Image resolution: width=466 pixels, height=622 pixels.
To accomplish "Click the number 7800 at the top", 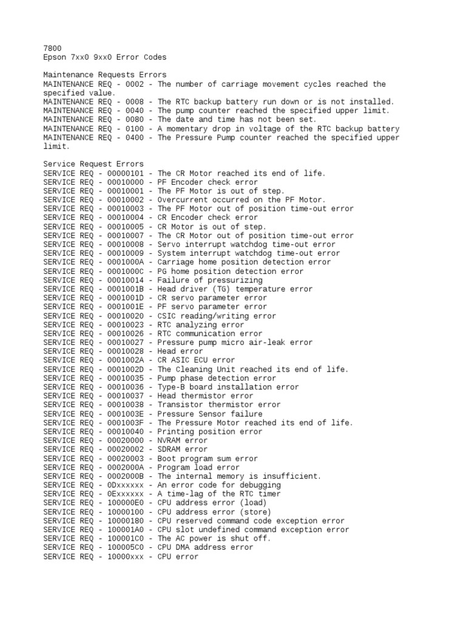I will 53,48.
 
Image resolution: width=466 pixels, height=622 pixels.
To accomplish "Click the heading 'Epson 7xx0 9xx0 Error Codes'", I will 105,57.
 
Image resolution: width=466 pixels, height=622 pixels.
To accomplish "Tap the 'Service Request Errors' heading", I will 93,164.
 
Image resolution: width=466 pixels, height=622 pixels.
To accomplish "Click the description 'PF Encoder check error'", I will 208,182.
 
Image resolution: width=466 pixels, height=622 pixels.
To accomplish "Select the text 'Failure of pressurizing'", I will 210,280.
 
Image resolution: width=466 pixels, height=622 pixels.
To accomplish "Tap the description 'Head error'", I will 180,351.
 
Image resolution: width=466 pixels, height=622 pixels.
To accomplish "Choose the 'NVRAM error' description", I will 183,440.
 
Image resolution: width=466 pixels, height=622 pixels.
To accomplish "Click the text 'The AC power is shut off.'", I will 214,538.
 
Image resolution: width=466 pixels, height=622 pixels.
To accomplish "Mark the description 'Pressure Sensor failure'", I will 210,414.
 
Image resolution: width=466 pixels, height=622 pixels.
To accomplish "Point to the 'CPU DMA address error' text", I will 205,547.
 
